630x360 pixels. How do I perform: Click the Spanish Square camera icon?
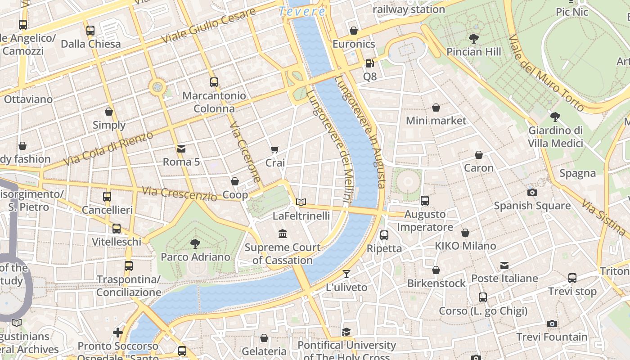(x=532, y=193)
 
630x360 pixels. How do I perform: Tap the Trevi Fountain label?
(x=552, y=337)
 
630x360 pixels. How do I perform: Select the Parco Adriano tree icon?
(x=195, y=244)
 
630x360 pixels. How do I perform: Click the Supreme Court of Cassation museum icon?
(x=283, y=234)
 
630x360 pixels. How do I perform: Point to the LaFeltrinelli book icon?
(x=301, y=202)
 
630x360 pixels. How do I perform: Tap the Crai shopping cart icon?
(x=275, y=149)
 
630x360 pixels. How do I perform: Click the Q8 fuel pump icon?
(x=369, y=63)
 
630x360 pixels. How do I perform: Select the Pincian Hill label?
(x=473, y=52)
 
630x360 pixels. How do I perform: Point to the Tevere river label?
(x=302, y=12)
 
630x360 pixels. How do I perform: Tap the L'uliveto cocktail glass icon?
(x=346, y=274)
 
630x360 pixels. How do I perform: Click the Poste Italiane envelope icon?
(x=504, y=265)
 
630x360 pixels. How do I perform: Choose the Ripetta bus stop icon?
(x=384, y=235)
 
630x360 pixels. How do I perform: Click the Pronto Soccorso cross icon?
(x=118, y=333)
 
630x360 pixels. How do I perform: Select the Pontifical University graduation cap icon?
(x=346, y=332)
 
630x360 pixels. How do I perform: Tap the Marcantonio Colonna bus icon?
(x=214, y=82)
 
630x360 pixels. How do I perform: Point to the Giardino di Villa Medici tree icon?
(x=555, y=117)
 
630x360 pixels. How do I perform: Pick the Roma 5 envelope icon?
(x=181, y=148)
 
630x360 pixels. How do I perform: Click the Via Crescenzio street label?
(x=180, y=193)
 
